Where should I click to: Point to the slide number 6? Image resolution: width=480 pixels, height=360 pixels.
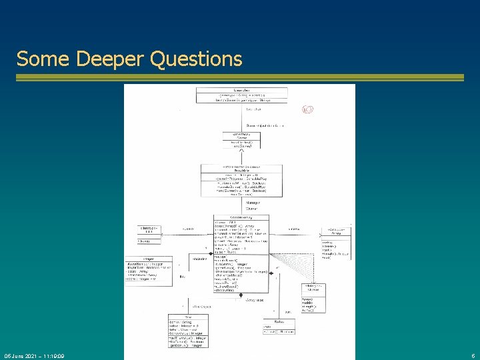[472, 356]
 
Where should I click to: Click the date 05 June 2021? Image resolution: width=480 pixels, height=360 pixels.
[22, 356]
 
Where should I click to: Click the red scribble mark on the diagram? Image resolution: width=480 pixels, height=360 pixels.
[307, 110]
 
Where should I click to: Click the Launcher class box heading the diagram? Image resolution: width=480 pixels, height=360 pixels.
[241, 90]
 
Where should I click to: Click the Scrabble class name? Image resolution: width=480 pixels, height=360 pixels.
[241, 170]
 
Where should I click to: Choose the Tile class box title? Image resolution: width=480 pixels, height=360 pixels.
[189, 317]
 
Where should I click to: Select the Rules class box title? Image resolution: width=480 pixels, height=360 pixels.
[279, 321]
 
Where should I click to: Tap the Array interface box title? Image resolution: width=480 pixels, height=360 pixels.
[339, 233]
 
